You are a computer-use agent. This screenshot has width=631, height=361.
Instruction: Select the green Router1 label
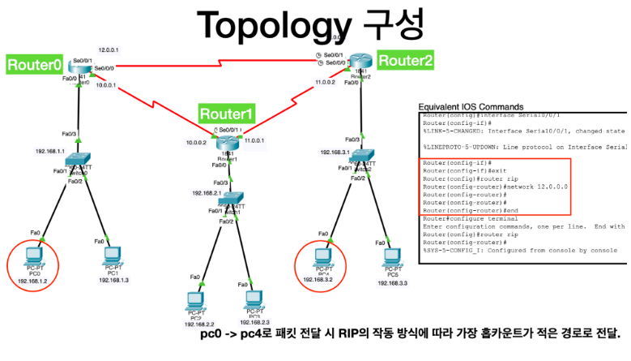point(227,113)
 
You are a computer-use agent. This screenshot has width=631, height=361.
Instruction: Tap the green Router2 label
point(405,59)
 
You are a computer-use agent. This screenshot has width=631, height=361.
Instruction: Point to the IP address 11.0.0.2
point(325,82)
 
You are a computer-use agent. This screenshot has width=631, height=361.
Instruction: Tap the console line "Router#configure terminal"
point(471,219)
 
